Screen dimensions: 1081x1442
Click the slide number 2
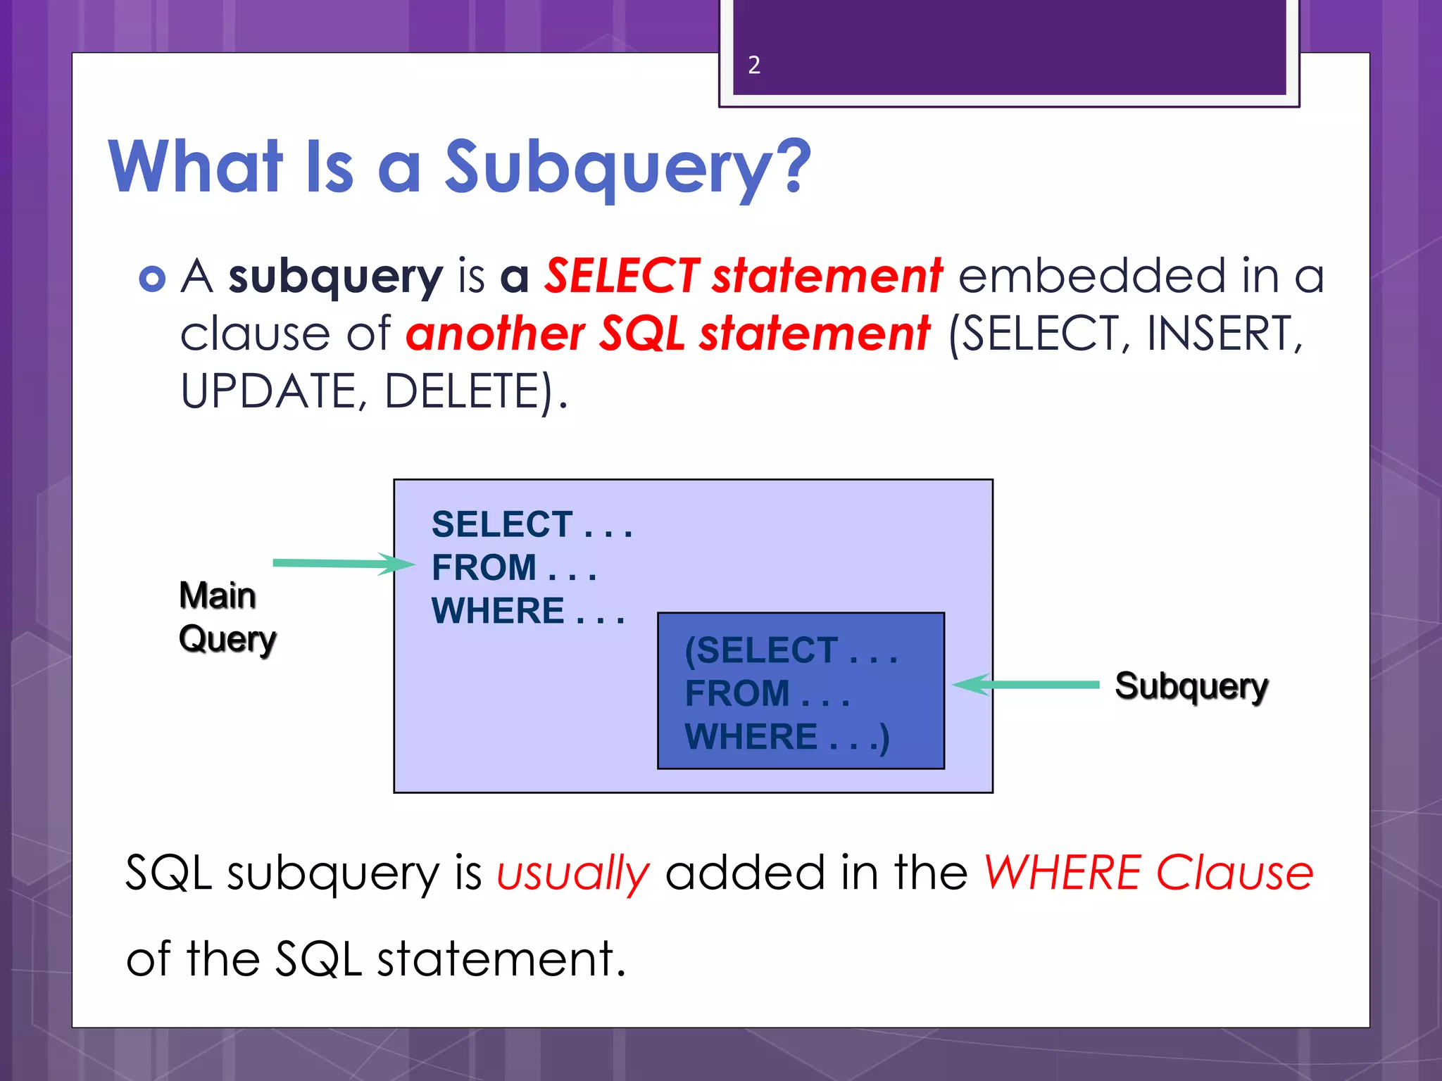[754, 65]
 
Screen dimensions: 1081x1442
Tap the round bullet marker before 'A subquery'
[152, 279]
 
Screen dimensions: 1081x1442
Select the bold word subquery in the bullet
[335, 277]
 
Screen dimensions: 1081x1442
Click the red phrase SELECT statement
[743, 275]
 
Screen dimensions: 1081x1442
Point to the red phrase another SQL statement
[667, 334]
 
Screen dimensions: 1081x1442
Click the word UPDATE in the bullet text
[270, 391]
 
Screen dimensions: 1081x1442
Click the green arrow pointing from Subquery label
[1024, 684]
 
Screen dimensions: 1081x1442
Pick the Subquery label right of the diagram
[1191, 686]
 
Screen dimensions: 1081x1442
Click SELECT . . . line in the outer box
[532, 524]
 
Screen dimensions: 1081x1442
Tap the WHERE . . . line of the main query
[527, 611]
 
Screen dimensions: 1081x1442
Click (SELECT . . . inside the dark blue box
[790, 650]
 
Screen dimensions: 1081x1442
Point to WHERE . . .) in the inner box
[786, 737]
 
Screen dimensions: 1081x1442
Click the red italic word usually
[572, 873]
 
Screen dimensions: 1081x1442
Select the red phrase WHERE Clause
[1148, 873]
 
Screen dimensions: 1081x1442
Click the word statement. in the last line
[501, 959]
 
